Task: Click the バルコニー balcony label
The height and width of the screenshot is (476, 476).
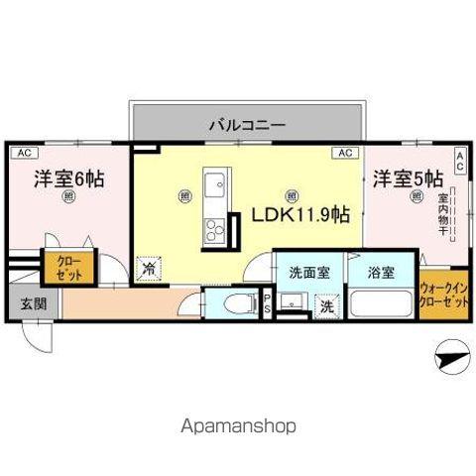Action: coord(247,126)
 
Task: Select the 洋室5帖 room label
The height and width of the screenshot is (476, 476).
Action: coord(407,179)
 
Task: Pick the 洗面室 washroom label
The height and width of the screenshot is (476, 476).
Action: coord(309,271)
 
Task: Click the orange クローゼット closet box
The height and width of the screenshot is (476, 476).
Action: coord(56,268)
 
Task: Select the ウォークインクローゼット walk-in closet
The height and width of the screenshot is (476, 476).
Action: coord(442,295)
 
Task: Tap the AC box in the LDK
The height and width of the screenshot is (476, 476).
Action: coord(344,154)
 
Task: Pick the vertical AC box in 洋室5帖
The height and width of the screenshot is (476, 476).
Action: coord(459,160)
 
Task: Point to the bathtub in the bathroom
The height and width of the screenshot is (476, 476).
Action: coord(383,302)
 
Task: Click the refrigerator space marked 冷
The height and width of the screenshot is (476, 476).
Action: coord(148,269)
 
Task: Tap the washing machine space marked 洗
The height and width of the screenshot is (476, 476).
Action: coord(325,307)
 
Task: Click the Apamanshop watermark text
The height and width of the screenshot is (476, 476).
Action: coord(237,426)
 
